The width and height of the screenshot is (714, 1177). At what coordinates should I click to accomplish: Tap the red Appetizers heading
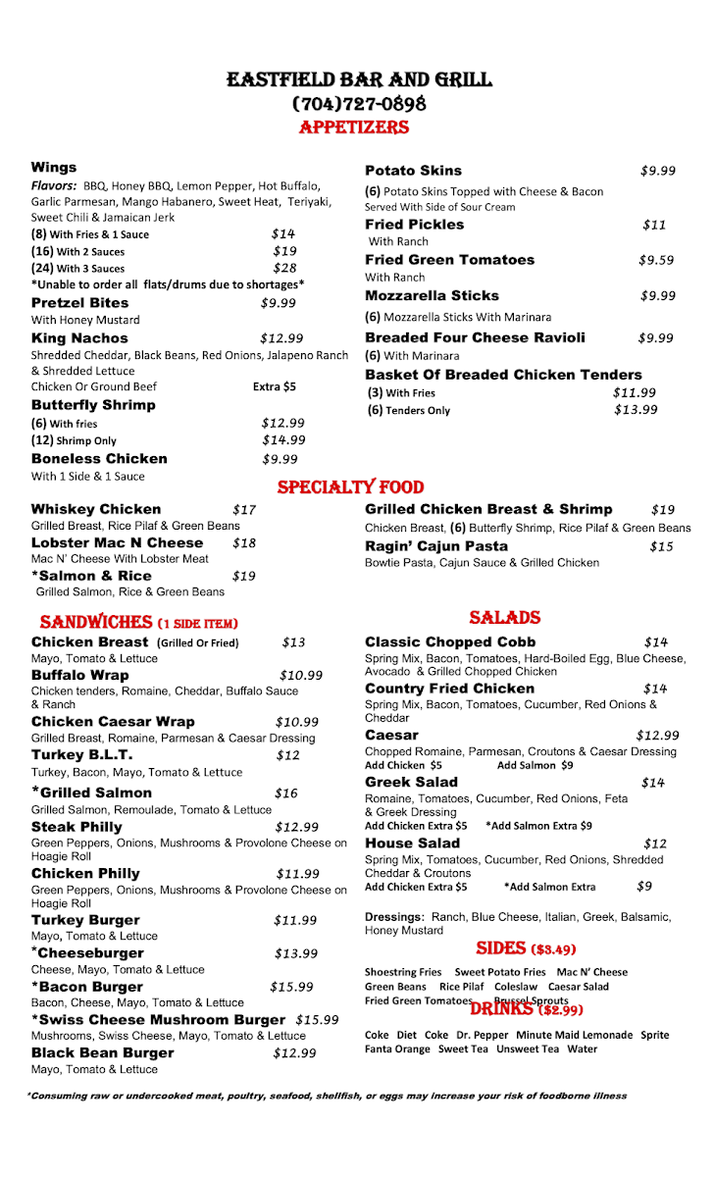[x=353, y=128]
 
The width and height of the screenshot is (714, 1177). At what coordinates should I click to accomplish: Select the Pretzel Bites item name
[x=80, y=303]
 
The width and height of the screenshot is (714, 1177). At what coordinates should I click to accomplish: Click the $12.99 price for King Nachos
[x=281, y=338]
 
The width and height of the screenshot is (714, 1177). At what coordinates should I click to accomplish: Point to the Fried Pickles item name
[x=415, y=225]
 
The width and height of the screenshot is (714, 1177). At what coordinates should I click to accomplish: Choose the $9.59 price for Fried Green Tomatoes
[x=657, y=260]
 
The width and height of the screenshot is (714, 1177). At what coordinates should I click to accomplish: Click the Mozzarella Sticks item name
[x=432, y=295]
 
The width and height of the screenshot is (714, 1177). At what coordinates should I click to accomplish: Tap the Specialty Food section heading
[x=350, y=487]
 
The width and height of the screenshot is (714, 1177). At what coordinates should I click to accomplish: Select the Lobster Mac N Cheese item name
[x=117, y=542]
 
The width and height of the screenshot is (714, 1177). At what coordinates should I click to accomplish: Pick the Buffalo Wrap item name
[x=79, y=675]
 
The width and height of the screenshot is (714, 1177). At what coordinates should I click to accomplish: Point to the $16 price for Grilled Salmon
[x=285, y=793]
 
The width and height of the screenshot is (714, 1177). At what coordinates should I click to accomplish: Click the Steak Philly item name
[x=76, y=827]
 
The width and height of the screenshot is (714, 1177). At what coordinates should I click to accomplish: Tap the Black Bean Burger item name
[x=102, y=1052]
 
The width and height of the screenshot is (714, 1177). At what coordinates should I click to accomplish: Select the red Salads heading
[x=505, y=618]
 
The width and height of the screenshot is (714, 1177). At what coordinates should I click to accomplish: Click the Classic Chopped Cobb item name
[x=450, y=642]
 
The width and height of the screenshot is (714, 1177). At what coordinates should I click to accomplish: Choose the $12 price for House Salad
[x=655, y=844]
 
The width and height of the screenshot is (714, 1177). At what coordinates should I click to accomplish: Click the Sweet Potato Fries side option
[x=500, y=972]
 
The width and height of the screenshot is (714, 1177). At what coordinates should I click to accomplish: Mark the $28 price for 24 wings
[x=284, y=268]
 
